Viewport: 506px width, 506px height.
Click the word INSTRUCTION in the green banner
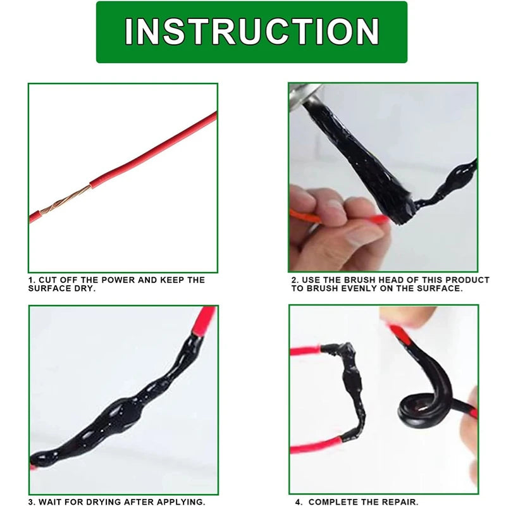[x=252, y=32]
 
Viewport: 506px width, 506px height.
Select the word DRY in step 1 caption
[x=82, y=288]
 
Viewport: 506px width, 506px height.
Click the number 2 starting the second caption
[x=294, y=280]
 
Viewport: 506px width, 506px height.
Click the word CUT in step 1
[x=48, y=280]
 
